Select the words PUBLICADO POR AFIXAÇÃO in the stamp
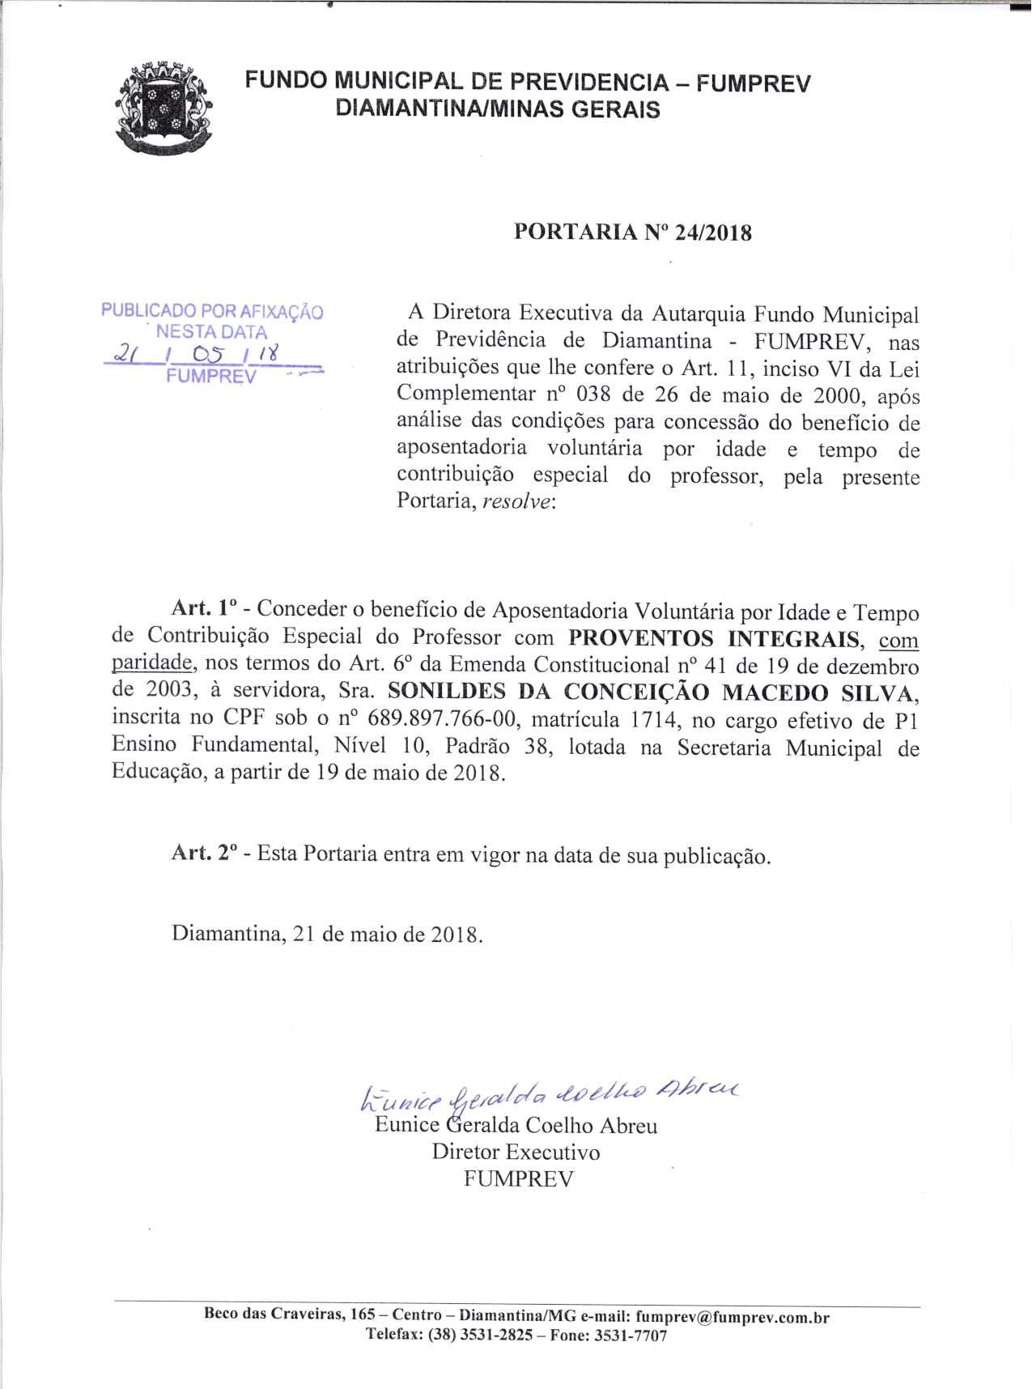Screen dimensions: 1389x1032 (212, 311)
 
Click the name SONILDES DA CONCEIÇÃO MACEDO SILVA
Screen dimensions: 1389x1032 (654, 692)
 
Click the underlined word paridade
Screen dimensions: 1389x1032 (152, 664)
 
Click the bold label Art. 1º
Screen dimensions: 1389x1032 (203, 610)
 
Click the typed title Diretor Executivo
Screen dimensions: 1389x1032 (516, 1152)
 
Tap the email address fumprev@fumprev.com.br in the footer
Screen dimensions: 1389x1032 (733, 1316)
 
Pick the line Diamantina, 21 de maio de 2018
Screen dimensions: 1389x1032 (327, 934)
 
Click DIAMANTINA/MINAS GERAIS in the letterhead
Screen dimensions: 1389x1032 (498, 109)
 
